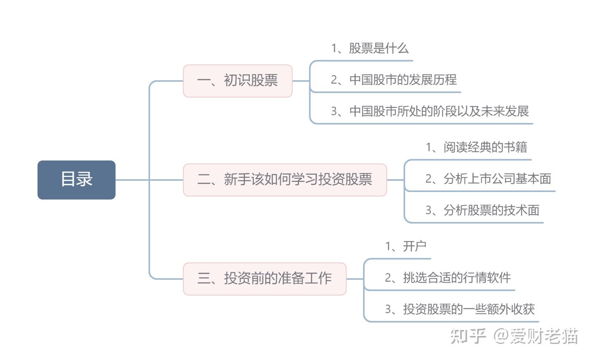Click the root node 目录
pyautogui.click(x=77, y=180)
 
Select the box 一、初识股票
pyautogui.click(x=238, y=81)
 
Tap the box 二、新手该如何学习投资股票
pyautogui.click(x=285, y=180)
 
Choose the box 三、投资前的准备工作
pyautogui.click(x=264, y=278)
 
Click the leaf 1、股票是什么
pyautogui.click(x=370, y=49)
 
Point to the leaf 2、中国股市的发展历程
pyautogui.click(x=394, y=80)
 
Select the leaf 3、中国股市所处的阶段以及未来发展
pyautogui.click(x=430, y=111)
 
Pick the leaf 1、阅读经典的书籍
pyautogui.click(x=476, y=147)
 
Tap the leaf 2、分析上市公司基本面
pyautogui.click(x=488, y=179)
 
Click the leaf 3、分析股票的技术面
pyautogui.click(x=482, y=210)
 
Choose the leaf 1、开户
pyautogui.click(x=406, y=246)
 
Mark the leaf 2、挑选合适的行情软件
pyautogui.click(x=448, y=278)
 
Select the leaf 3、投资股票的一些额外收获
pyautogui.click(x=460, y=309)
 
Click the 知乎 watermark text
pyautogui.click(x=468, y=336)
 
